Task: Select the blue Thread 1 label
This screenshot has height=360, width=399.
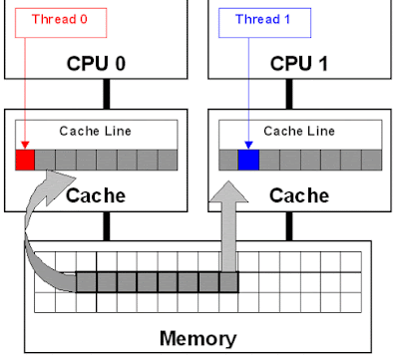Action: click(256, 19)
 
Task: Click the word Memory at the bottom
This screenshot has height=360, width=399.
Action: click(198, 338)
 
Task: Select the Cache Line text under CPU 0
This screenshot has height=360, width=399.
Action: click(96, 132)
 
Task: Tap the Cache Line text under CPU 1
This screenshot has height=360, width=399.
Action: click(299, 132)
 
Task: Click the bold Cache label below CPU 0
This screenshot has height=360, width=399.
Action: click(96, 195)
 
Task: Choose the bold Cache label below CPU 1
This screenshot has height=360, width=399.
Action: click(299, 195)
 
